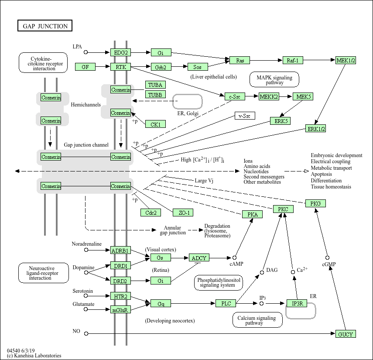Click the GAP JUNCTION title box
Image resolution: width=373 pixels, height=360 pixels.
point(44,26)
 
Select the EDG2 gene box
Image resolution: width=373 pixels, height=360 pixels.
point(120,53)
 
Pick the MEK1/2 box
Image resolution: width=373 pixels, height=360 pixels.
point(346,60)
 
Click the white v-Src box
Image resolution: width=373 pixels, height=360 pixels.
point(245,116)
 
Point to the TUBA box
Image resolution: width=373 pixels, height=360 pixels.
point(155,85)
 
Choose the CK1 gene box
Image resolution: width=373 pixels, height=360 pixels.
point(155,124)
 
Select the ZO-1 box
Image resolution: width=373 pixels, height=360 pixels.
point(183,213)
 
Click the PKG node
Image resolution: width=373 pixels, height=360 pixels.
point(315,203)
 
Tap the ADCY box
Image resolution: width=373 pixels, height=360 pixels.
point(199,258)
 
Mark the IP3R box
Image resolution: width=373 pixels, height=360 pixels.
point(297,303)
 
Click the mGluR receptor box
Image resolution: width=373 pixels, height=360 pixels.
point(120,310)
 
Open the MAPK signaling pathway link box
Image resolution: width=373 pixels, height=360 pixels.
point(274,79)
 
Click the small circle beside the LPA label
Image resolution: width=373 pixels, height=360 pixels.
point(86,52)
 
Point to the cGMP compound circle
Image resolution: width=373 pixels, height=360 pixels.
point(327,258)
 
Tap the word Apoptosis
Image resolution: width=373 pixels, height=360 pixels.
point(321,174)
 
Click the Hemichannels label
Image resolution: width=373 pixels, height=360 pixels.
point(86,105)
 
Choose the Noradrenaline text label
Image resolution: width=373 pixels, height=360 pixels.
point(87,244)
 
